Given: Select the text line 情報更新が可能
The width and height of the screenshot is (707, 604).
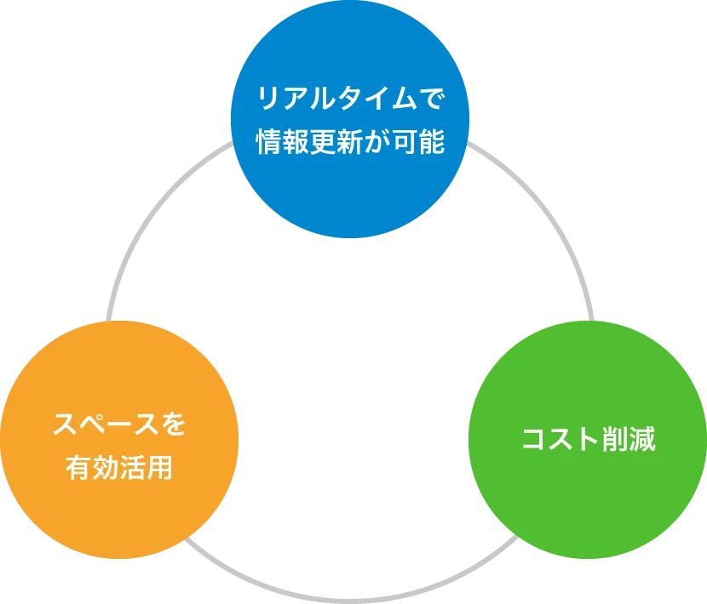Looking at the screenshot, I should point(350,142).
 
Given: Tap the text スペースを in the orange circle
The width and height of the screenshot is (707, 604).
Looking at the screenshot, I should point(119,424).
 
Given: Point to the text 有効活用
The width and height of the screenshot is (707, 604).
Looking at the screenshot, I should point(119,467).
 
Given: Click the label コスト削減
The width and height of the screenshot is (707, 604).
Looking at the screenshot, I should point(588,440).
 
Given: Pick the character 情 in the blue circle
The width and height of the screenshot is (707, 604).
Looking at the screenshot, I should point(269,142).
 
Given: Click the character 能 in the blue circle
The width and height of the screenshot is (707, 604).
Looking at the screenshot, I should point(431,142).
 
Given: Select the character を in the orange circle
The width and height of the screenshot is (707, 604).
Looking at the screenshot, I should point(173,424).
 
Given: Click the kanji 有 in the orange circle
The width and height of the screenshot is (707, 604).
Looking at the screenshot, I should point(79,467).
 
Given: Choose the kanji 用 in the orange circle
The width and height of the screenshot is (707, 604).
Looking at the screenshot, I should point(160,467).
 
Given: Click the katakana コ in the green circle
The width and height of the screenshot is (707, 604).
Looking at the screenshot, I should point(534,440).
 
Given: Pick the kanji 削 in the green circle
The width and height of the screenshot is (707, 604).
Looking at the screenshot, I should point(615,440).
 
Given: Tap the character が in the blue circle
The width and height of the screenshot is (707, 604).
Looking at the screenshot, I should point(376,142).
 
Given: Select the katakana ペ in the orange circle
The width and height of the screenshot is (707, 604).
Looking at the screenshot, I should point(93,424).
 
